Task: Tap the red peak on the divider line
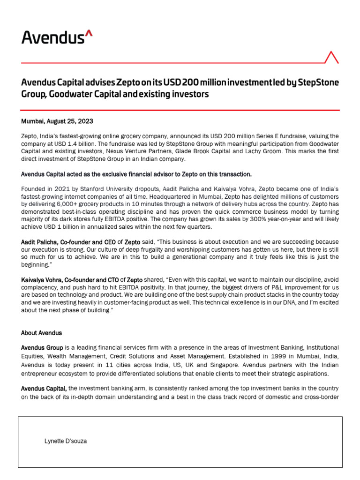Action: click(331, 57)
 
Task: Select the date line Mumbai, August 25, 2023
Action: click(57, 121)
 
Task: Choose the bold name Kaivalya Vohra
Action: click(43, 279)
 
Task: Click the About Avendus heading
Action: click(41, 333)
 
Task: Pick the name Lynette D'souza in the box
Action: click(65, 441)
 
